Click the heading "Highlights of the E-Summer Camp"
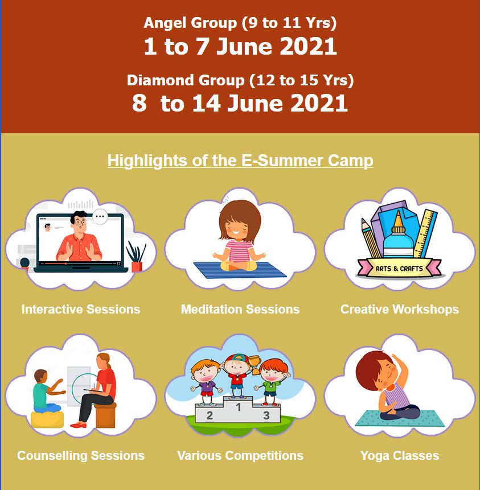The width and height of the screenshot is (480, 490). click(x=240, y=160)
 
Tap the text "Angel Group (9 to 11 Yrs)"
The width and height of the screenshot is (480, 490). click(x=240, y=23)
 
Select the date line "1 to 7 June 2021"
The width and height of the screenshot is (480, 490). click(x=240, y=46)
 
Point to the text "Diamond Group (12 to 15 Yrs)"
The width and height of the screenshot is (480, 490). click(x=240, y=80)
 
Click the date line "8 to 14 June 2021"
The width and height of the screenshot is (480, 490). click(x=240, y=103)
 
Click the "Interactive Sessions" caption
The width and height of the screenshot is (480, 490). click(x=81, y=309)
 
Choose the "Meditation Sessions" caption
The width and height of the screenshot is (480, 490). click(x=240, y=309)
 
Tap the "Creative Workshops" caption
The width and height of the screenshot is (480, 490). click(x=400, y=309)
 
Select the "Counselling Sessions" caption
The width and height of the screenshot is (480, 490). click(x=81, y=455)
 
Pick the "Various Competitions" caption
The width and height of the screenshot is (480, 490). click(x=240, y=455)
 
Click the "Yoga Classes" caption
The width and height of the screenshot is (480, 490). click(x=400, y=455)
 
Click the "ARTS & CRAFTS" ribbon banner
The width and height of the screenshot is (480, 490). click(x=399, y=268)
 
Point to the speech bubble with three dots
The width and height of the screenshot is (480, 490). click(x=100, y=216)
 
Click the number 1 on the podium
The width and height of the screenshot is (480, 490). click(x=238, y=407)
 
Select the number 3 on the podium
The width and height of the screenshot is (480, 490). click(x=266, y=415)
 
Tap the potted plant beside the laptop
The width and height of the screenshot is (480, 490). click(x=136, y=258)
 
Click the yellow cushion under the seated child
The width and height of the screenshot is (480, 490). click(x=47, y=418)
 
